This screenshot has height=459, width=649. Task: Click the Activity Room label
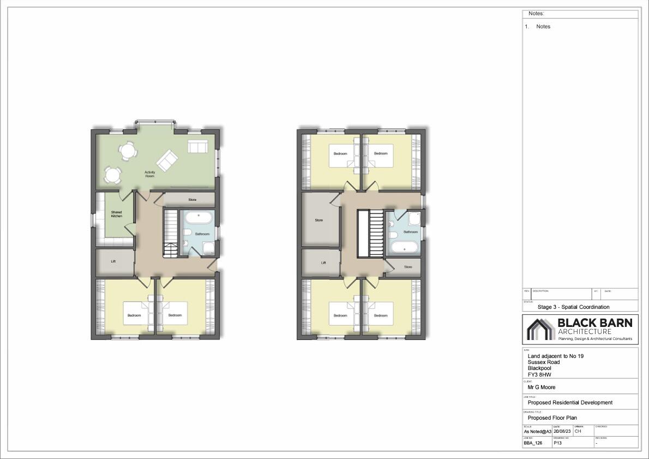149,174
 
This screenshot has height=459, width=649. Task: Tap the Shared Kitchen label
116,214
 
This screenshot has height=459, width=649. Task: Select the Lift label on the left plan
113,261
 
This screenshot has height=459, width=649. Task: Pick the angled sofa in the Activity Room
167,160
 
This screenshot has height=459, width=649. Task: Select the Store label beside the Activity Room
192,200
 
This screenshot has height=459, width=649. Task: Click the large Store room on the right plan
319,220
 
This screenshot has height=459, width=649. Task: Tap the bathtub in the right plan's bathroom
405,248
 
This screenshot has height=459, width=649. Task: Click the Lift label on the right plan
323,263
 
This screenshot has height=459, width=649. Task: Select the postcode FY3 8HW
539,374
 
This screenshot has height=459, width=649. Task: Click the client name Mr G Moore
542,387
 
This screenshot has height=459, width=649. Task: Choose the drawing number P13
557,443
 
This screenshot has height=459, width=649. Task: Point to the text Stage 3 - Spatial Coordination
573,307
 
